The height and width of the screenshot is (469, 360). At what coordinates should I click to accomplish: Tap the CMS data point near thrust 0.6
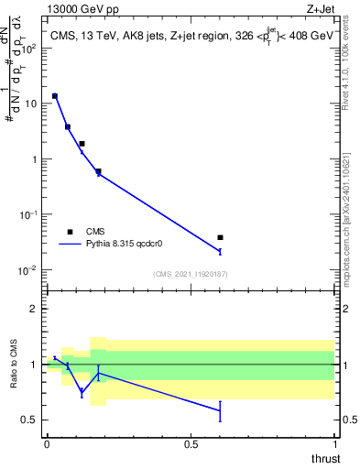tap(220, 237)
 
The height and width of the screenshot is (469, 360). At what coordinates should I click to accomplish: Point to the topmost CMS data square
tap(55, 96)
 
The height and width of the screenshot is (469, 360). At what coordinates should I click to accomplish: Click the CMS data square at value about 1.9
tap(82, 144)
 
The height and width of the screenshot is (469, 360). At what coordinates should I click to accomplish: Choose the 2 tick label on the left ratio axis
tap(34, 309)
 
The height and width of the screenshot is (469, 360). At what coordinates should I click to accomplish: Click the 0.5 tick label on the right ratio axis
tap(349, 420)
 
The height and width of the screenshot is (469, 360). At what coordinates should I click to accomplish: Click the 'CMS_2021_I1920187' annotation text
tap(190, 274)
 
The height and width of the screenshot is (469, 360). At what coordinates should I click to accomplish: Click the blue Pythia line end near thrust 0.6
tap(220, 250)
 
